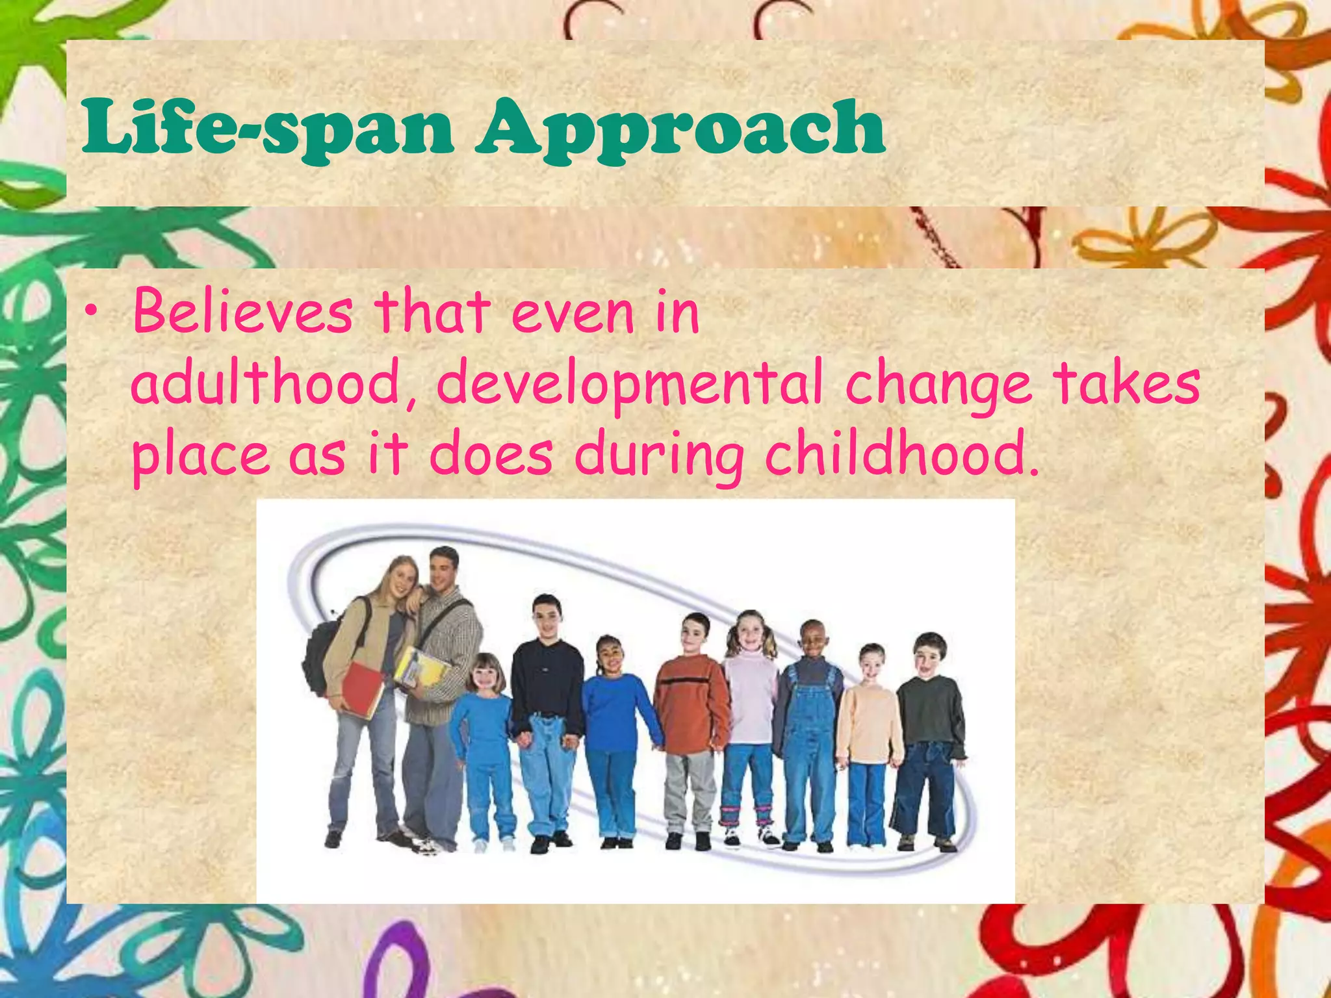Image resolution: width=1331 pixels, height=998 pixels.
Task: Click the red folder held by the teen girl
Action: [x=361, y=689]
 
